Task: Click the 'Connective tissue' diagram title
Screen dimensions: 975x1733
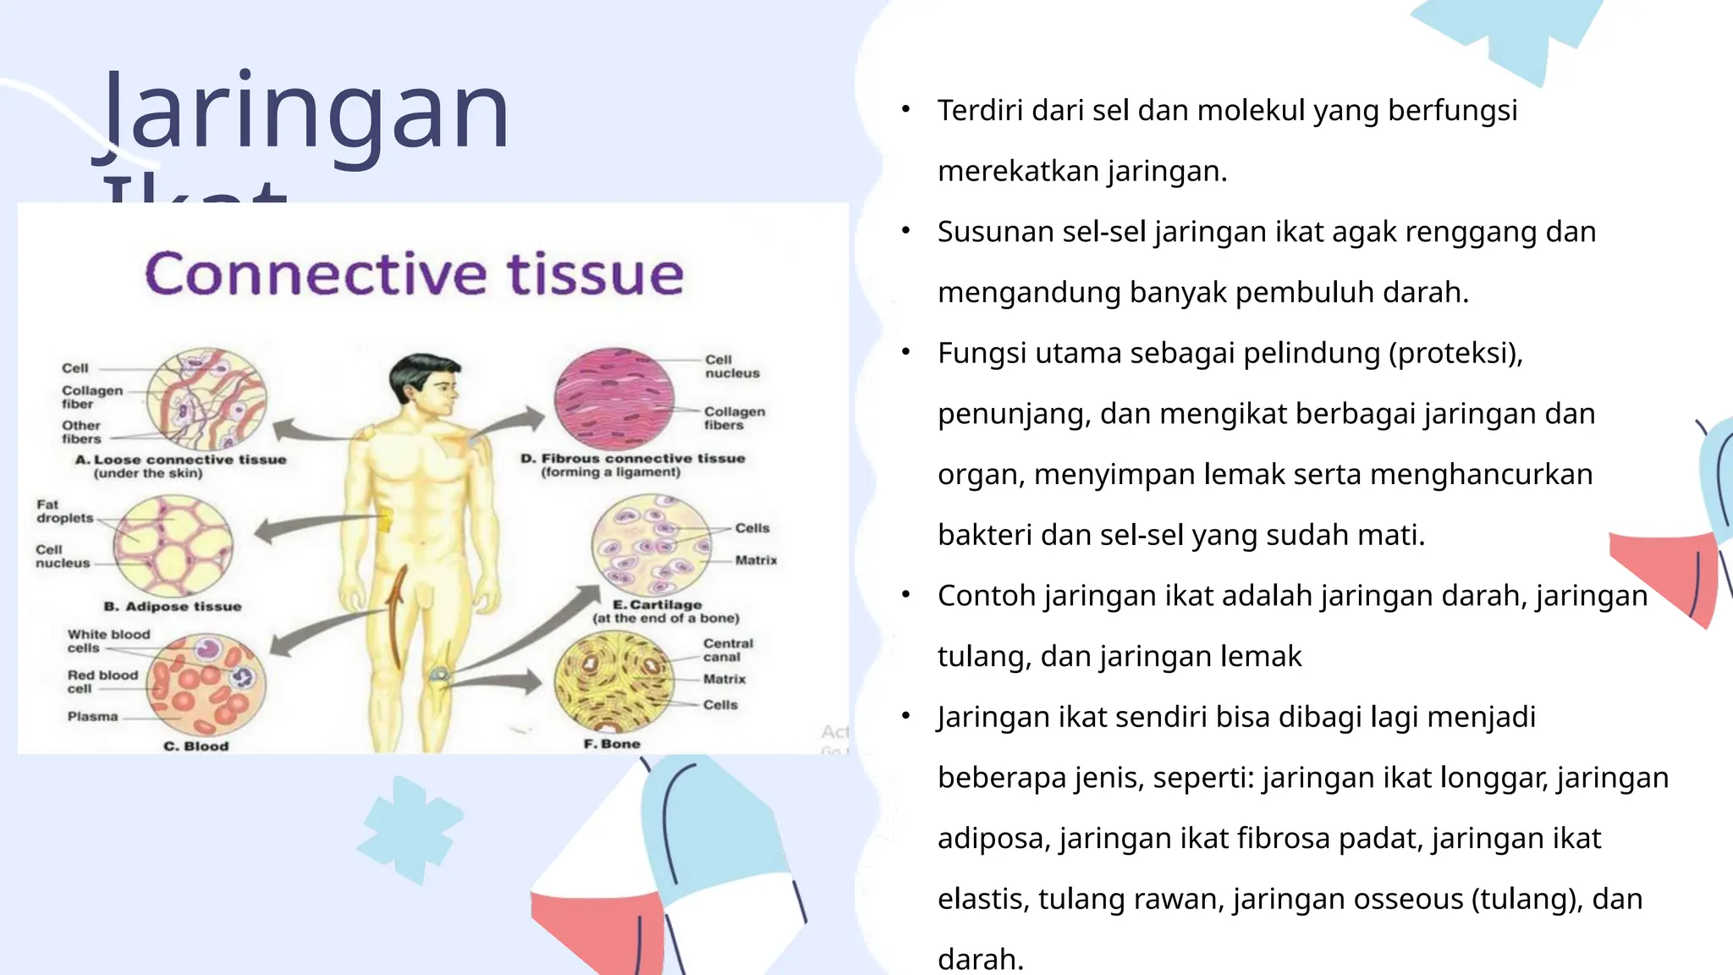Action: [414, 274]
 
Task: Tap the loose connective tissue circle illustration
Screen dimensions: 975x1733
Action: [206, 399]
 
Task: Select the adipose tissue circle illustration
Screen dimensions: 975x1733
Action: [173, 546]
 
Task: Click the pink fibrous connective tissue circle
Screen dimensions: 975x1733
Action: [614, 399]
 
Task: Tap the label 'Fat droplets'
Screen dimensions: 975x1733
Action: [64, 511]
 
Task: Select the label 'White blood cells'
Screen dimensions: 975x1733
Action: [108, 641]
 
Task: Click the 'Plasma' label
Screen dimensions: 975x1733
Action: [93, 716]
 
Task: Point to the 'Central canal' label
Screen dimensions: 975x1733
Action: [727, 650]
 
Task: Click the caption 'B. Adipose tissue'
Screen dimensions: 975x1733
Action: [173, 607]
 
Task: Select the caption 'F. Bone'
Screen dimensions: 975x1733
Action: [612, 744]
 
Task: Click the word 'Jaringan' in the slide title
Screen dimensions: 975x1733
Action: [305, 114]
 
